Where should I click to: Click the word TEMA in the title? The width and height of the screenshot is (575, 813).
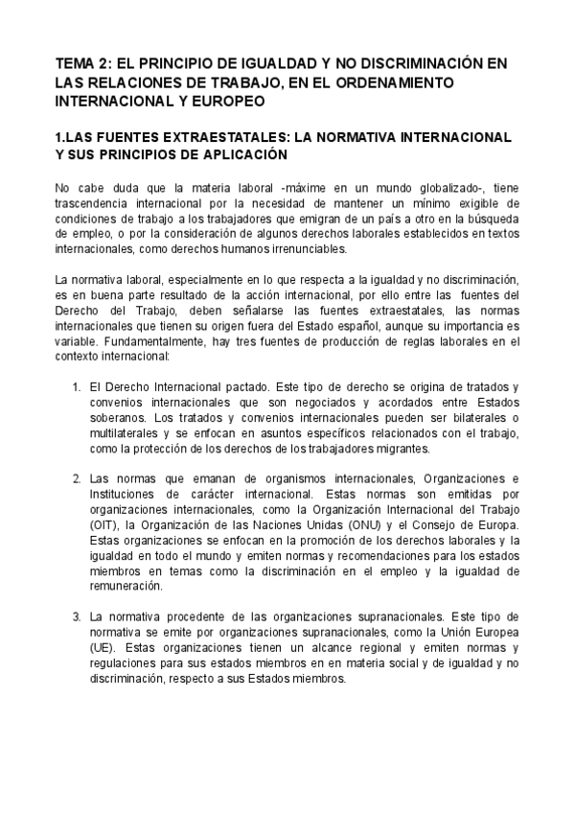click(76, 63)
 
